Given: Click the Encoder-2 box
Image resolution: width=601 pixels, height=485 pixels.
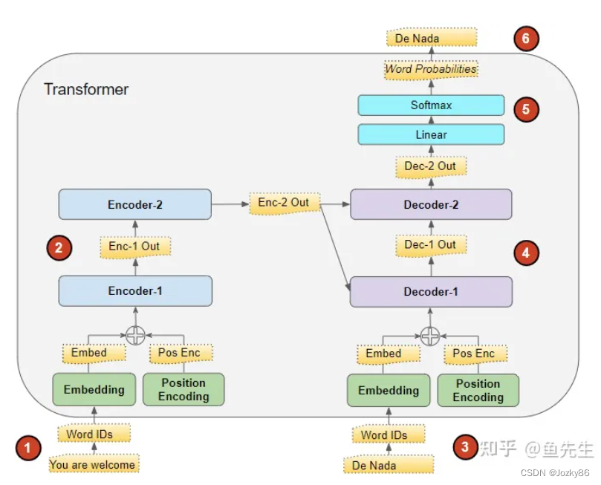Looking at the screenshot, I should tap(134, 204).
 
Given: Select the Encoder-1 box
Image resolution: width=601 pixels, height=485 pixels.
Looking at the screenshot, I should tap(134, 290).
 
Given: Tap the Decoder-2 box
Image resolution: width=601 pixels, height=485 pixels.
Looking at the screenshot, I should tap(430, 204).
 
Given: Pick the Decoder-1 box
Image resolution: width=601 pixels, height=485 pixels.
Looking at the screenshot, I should tap(430, 291).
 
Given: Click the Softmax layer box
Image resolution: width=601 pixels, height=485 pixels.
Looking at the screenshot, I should tap(431, 105).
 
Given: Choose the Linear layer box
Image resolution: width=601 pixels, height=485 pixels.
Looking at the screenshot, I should tap(431, 134).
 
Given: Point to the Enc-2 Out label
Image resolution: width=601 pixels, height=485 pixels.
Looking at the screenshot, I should tap(283, 203).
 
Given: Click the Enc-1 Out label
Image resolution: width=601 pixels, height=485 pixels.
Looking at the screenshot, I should tap(134, 246).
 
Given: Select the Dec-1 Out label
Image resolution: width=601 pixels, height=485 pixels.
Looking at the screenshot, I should tap(430, 245).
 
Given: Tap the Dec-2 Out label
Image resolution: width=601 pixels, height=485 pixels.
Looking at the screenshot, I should tap(430, 166).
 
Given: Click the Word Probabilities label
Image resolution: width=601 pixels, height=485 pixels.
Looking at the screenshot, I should tap(430, 69).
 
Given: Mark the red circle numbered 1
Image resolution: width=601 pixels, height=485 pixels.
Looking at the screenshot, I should tap(28, 447).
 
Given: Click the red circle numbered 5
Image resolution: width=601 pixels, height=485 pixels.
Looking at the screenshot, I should tap(526, 109).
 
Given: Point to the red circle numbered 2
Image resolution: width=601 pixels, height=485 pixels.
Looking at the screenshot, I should tap(59, 247).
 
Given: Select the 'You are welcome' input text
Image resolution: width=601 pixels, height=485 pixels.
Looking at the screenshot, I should tap(93, 465).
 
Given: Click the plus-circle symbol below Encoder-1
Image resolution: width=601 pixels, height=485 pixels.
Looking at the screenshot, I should tap(134, 336).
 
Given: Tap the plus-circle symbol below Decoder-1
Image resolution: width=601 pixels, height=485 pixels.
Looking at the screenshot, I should tap(429, 336).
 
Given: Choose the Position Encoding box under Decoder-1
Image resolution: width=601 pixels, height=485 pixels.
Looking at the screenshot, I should tap(478, 390).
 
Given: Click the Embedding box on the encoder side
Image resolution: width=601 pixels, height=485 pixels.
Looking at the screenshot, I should tap(94, 389).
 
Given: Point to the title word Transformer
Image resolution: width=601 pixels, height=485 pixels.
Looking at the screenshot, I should tap(86, 89).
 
